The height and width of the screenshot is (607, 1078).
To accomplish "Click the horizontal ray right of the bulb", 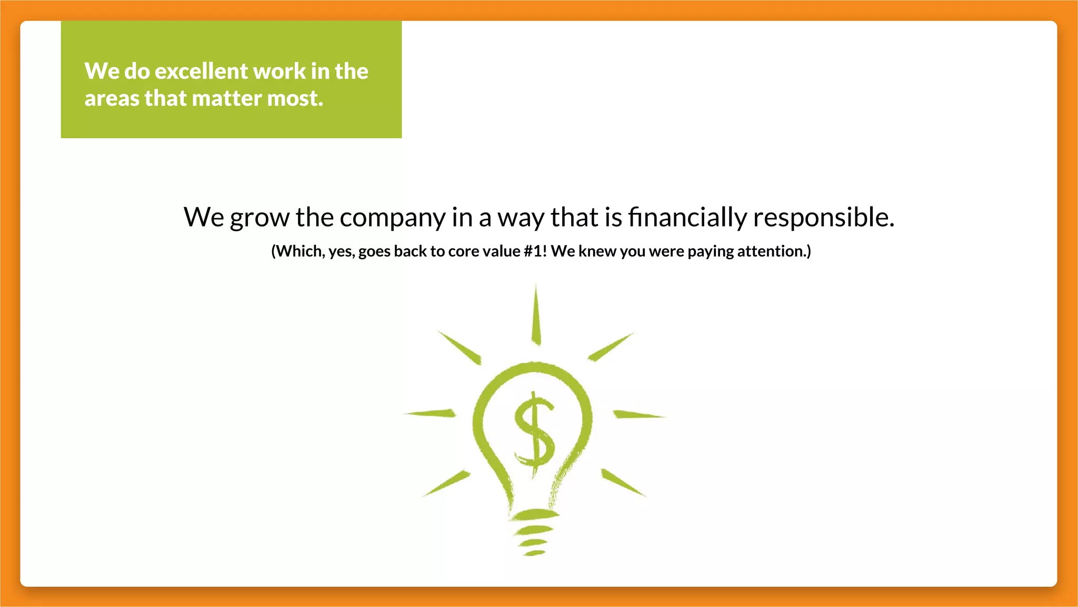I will point(638,415).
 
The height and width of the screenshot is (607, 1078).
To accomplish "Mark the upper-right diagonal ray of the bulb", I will point(611,347).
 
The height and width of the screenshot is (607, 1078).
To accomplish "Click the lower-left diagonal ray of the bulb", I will point(446,483).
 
